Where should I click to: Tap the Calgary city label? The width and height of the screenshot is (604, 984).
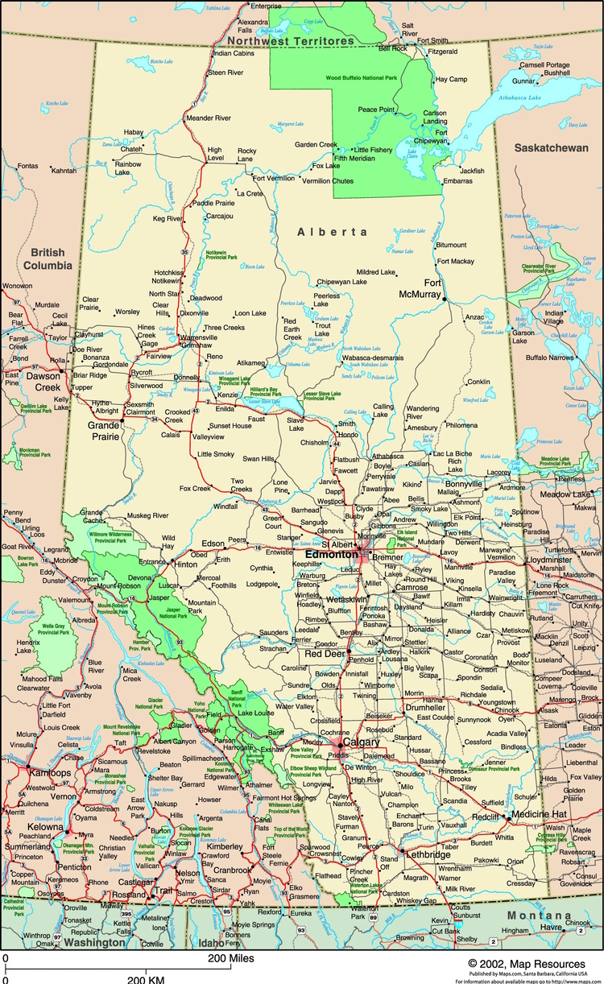[x=361, y=742]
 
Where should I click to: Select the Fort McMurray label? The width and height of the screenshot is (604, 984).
[x=421, y=288]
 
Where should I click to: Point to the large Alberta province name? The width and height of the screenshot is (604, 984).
[x=333, y=232]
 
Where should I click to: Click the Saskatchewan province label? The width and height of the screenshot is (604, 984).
[x=551, y=149]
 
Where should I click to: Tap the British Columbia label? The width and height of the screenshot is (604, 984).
[x=48, y=259]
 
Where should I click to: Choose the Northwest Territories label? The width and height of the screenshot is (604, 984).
[x=290, y=40]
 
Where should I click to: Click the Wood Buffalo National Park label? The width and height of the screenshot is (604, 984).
[x=362, y=77]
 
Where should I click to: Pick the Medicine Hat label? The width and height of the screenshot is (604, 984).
[x=540, y=814]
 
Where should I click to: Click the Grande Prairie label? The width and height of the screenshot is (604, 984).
[x=104, y=430]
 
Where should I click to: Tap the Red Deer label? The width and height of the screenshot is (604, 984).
[x=325, y=654]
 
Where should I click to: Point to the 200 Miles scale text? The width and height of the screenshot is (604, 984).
[x=231, y=958]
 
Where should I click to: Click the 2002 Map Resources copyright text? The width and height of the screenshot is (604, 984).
[x=526, y=963]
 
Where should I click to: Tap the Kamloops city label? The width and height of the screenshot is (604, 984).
[x=29, y=772]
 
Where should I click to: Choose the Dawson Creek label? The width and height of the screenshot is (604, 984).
[x=43, y=382]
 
